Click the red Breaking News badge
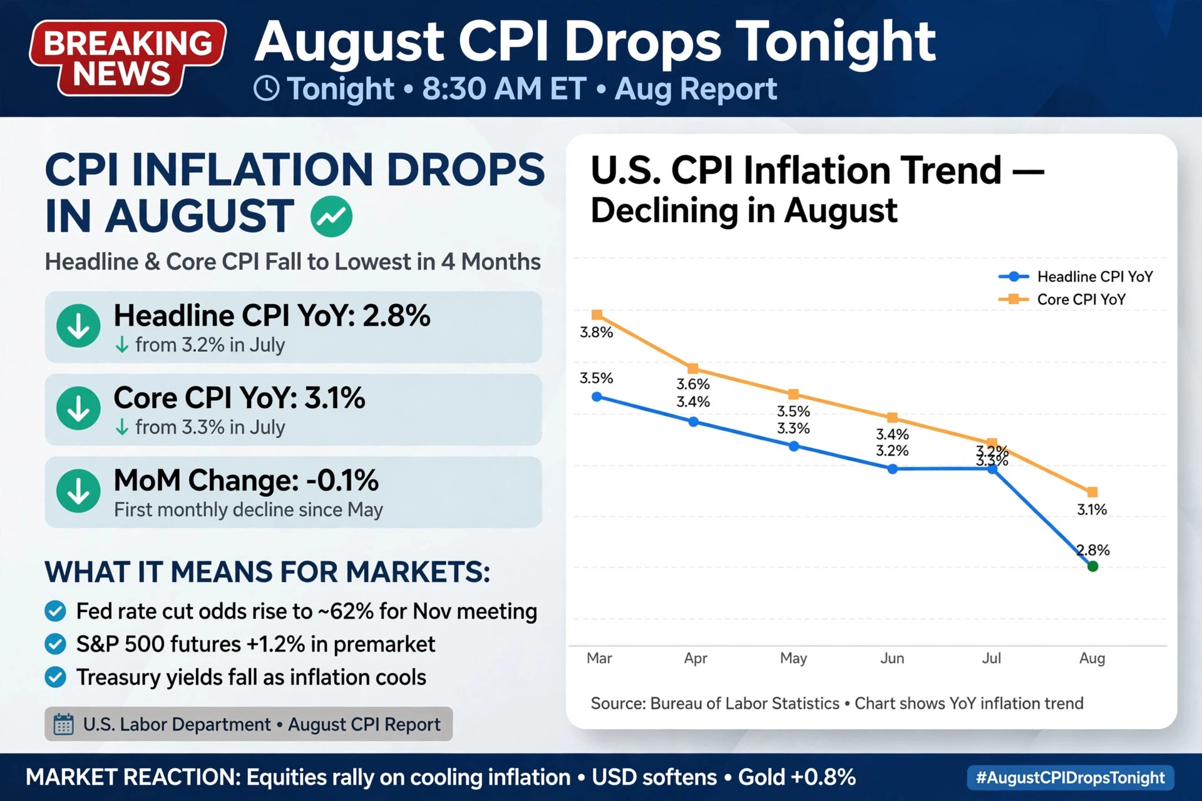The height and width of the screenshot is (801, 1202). [x=128, y=58]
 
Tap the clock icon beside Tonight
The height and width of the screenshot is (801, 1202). [x=267, y=89]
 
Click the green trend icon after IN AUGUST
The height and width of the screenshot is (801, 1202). [x=331, y=217]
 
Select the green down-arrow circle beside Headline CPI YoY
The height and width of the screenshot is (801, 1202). [x=78, y=326]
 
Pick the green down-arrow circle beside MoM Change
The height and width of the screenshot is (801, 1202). [x=78, y=491]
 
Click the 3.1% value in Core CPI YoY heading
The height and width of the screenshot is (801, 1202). [x=335, y=398]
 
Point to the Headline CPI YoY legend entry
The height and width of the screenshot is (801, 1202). [x=1076, y=277]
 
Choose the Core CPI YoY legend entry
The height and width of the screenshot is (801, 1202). [x=1062, y=300]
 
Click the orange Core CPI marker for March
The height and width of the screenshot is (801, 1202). [x=597, y=315]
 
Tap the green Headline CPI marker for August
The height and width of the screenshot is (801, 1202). [x=1092, y=566]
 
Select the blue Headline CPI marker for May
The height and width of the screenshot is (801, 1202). [x=794, y=446]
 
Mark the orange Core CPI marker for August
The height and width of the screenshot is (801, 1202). [x=1092, y=492]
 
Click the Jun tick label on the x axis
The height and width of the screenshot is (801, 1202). [x=892, y=658]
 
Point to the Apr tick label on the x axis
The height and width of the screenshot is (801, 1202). [x=696, y=658]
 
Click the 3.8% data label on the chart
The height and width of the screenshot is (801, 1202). [x=596, y=332]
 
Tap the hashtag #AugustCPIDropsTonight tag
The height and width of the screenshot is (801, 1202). [x=1071, y=778]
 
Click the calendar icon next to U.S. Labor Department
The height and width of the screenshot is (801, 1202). [x=63, y=724]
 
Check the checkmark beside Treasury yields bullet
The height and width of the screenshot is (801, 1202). [x=56, y=677]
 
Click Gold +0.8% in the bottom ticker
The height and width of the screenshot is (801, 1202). [x=797, y=777]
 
